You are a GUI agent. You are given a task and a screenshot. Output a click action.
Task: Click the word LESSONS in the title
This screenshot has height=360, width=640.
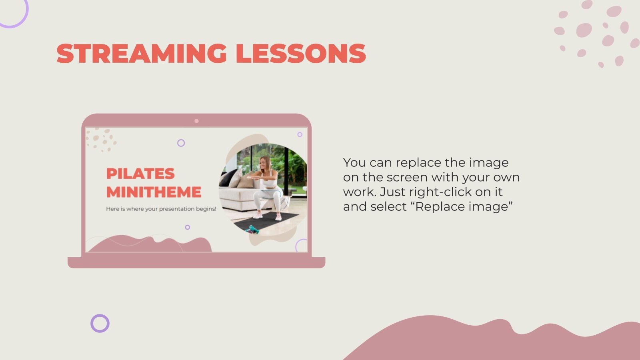301,54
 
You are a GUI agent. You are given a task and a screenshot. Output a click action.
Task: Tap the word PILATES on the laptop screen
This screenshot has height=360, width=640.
140,174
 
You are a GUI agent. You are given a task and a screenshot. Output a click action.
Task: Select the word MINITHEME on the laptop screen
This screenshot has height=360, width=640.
154,192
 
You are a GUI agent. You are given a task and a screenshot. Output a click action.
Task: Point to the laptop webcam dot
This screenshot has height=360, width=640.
196,121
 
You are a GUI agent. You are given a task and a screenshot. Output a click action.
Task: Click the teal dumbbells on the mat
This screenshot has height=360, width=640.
252,229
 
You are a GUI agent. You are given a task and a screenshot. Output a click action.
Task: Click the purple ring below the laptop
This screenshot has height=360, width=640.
100,323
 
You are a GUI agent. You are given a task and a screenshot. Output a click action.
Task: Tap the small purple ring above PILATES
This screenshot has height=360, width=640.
181,143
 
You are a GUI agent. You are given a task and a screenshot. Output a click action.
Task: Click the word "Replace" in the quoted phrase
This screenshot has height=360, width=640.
439,207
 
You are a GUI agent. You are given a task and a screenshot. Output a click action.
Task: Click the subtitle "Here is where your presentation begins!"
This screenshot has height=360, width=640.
161,209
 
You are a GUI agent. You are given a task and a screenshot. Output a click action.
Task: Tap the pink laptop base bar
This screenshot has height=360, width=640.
196,262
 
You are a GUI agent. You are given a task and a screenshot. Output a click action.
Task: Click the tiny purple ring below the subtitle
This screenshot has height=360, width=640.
187,227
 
